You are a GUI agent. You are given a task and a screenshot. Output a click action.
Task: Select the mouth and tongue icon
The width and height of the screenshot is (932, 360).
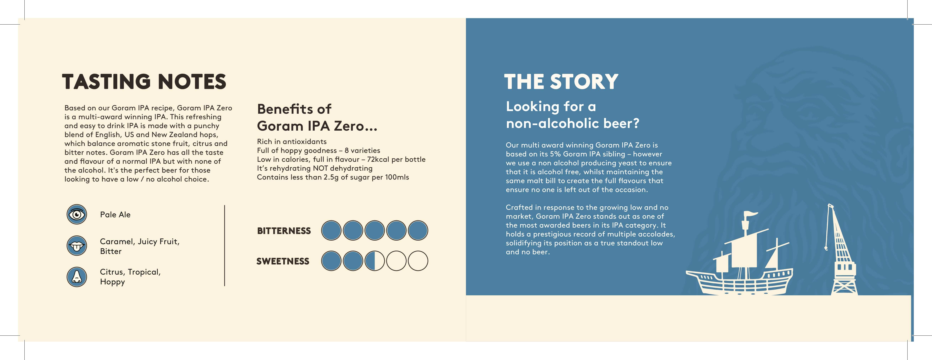point(77,246)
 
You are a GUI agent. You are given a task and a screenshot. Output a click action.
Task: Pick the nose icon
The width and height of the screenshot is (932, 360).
point(77,277)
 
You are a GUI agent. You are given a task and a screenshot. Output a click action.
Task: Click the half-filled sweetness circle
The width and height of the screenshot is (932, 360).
point(375,261)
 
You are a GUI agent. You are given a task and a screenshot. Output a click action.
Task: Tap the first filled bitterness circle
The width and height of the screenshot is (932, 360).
point(331,230)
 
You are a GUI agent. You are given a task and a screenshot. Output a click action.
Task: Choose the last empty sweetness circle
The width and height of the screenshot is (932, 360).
point(418,261)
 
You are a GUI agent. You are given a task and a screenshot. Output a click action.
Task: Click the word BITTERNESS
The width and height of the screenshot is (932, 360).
point(284,231)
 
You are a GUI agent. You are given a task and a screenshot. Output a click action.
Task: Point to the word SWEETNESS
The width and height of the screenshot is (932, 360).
point(283,261)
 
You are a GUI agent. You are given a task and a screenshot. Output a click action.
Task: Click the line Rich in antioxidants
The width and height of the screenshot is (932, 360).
point(292,141)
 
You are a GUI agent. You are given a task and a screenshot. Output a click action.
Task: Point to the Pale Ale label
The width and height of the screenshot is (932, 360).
point(115,215)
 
